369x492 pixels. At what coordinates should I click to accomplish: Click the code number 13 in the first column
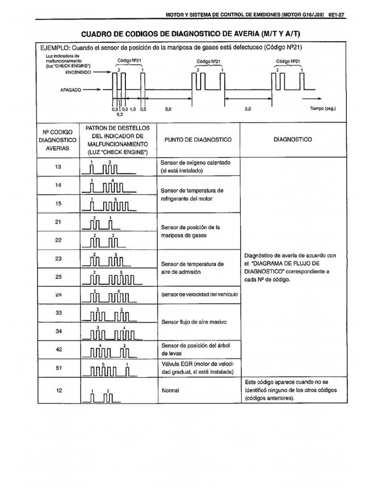59,167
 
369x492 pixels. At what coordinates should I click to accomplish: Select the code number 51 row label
59,368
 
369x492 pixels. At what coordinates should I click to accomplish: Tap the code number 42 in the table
59,350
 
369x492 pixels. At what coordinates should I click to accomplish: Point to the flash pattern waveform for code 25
108,278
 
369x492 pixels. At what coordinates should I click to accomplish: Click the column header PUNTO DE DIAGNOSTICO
197,139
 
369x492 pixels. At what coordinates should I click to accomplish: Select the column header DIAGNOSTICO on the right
292,139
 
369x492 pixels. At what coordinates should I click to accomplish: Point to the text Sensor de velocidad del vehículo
199,294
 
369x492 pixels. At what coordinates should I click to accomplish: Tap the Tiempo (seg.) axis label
322,109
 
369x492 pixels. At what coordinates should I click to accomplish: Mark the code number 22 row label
59,240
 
